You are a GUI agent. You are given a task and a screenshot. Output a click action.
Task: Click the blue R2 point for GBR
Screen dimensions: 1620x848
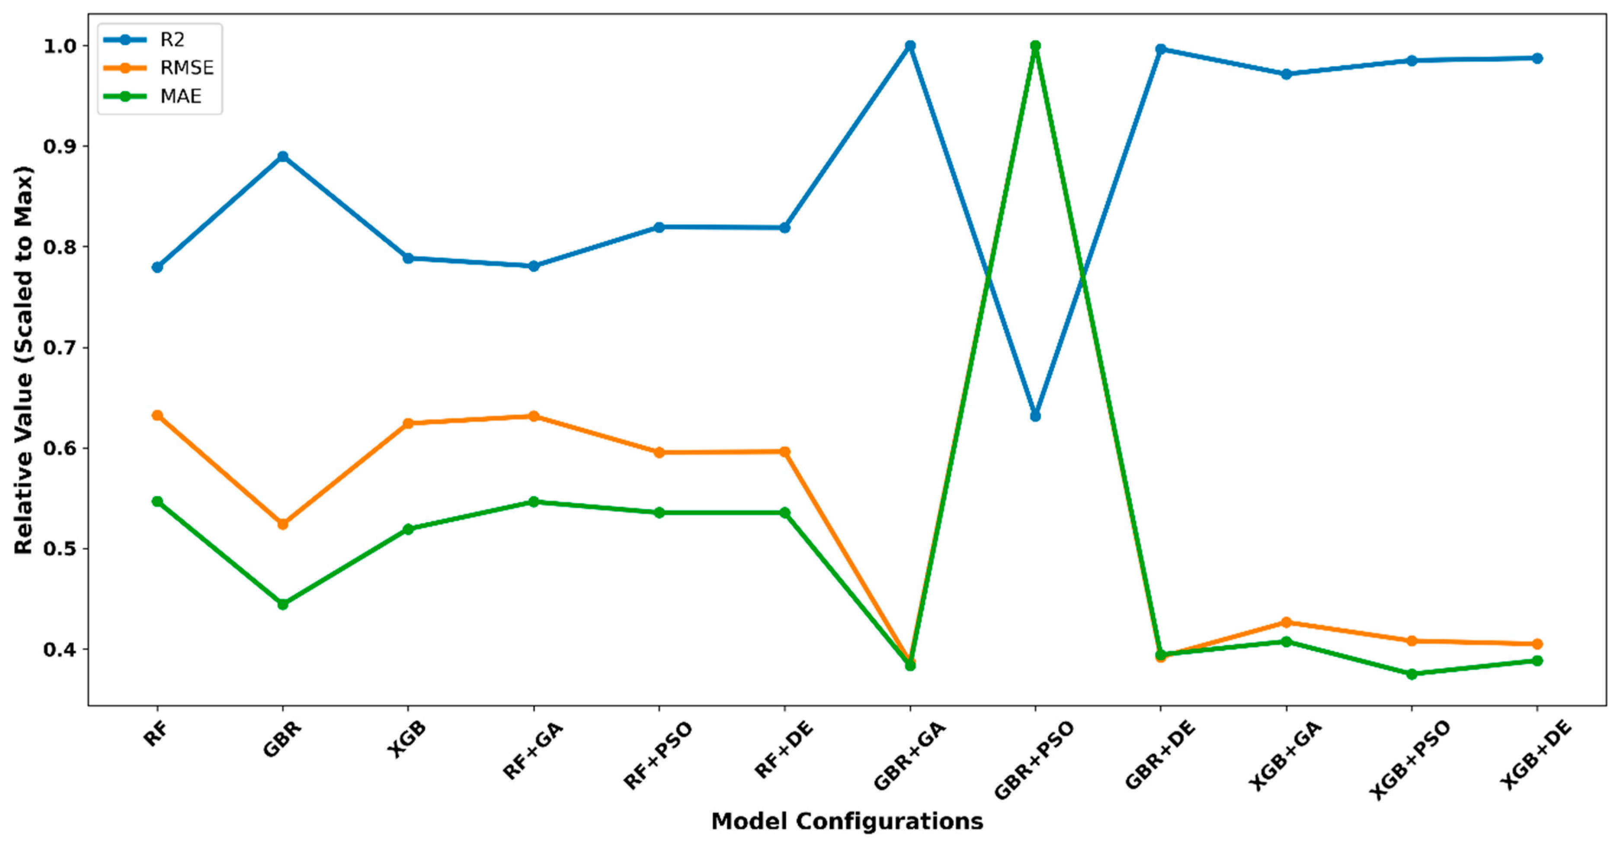(x=283, y=157)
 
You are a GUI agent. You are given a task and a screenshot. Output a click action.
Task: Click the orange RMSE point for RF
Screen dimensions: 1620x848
(x=157, y=415)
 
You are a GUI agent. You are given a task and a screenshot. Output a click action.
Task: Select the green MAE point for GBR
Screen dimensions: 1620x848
(x=283, y=604)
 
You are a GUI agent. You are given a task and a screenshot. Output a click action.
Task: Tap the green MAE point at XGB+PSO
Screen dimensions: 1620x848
(x=1411, y=674)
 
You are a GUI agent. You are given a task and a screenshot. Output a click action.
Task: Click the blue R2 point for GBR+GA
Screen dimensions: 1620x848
(x=910, y=46)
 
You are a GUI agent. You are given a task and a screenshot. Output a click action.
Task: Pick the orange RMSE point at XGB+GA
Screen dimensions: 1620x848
(x=1286, y=622)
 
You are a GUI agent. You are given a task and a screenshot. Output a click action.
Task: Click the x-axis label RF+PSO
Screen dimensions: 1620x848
(x=658, y=755)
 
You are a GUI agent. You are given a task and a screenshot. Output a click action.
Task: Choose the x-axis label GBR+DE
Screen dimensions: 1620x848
(x=1160, y=755)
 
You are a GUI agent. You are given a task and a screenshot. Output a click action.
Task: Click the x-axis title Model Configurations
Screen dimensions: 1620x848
(x=847, y=822)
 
